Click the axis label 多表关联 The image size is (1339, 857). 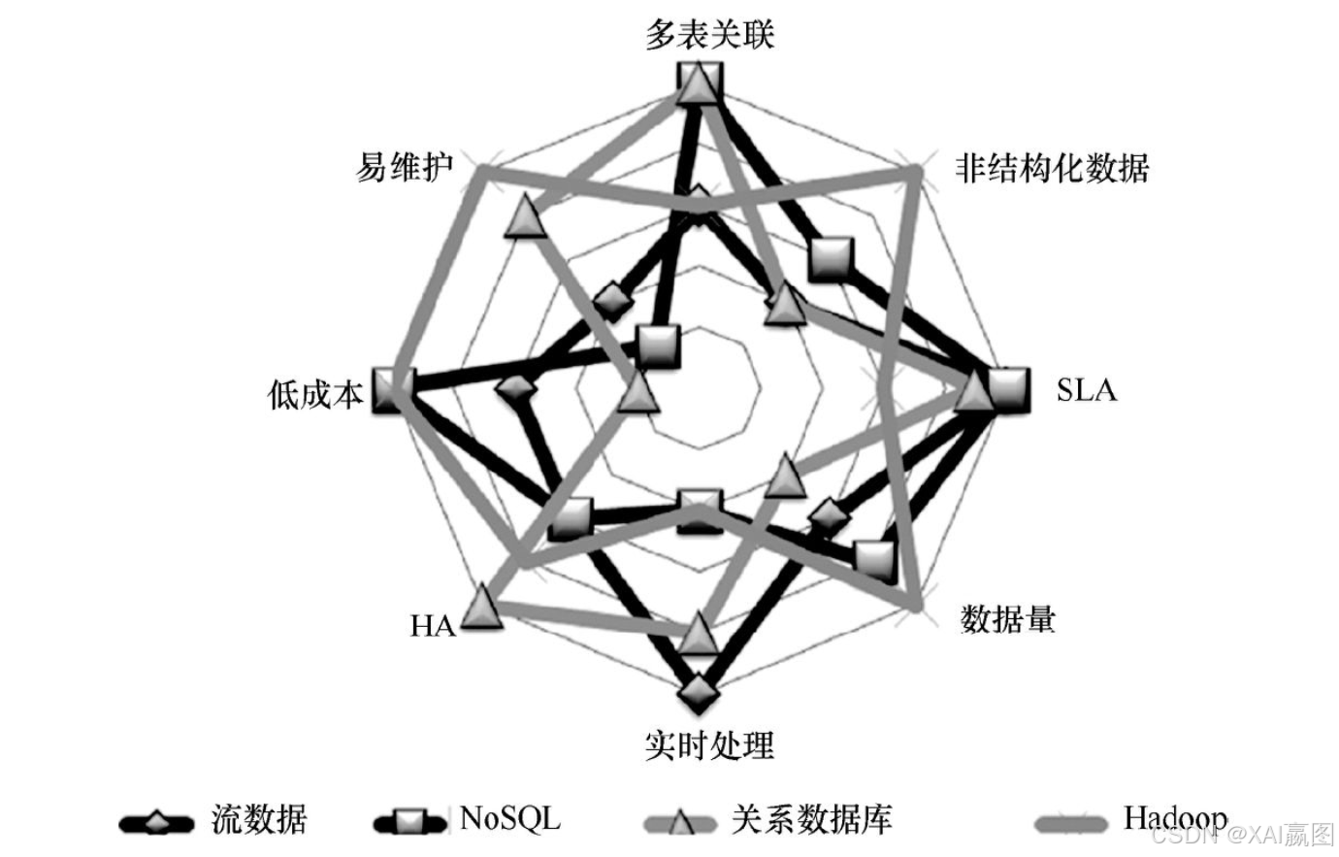[709, 34]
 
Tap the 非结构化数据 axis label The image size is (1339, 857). [1051, 168]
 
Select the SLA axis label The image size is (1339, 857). [1086, 390]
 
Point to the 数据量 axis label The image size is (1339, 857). [1007, 618]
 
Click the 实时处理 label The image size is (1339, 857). [709, 745]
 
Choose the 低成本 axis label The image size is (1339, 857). [315, 393]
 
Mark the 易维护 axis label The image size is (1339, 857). [405, 168]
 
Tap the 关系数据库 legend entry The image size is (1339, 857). [811, 820]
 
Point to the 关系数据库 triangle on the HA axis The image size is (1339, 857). [481, 609]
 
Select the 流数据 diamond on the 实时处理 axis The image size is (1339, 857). [699, 693]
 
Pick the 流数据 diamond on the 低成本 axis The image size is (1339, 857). [514, 390]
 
